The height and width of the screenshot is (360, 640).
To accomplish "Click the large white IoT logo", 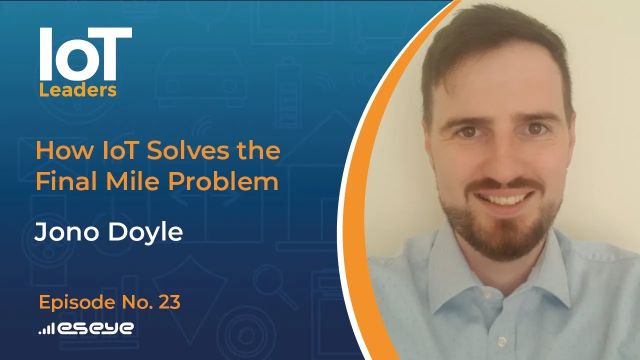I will coord(84,54).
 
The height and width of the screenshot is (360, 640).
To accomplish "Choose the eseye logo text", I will coord(97,327).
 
